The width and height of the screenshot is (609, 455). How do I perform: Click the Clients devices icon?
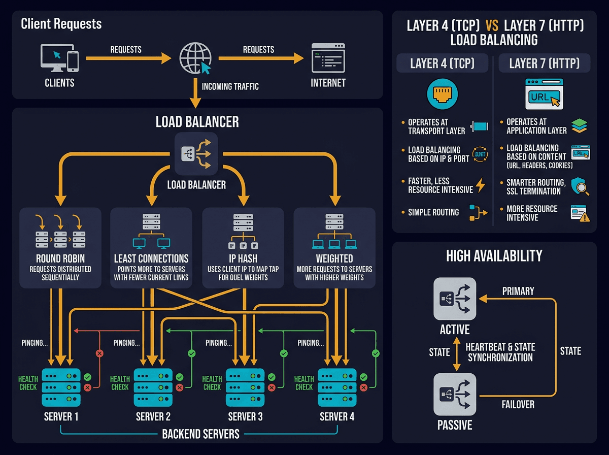pos(59,58)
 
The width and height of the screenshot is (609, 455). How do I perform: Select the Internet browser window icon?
pos(328,59)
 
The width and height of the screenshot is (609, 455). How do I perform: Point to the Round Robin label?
pos(60,258)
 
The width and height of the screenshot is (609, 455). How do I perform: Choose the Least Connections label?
pos(151,258)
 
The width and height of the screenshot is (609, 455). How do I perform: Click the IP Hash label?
pos(243,258)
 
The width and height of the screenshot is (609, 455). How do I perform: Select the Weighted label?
pos(334,258)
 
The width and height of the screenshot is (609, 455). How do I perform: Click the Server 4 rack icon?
pos(336,387)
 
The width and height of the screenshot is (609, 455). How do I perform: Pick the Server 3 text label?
pos(245,417)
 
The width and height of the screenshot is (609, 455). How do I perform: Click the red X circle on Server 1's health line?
pos(99,353)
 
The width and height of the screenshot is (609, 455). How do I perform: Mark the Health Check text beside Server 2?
pos(120,383)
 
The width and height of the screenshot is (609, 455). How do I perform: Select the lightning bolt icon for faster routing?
pos(480,185)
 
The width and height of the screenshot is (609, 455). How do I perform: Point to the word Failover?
pos(517,405)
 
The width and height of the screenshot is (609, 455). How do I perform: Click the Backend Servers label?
pos(200,434)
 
